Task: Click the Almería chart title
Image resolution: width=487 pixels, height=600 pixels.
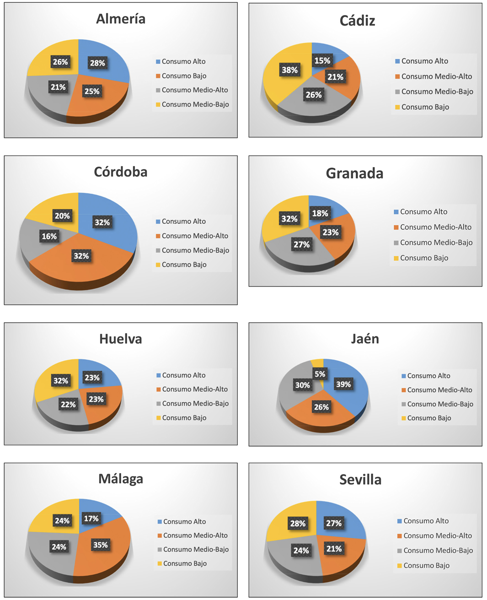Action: (121, 19)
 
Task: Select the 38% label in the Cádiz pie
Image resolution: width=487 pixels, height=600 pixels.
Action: (289, 70)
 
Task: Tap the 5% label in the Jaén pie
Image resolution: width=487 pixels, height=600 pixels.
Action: (320, 374)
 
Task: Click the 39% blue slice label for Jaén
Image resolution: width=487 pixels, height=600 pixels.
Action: (343, 384)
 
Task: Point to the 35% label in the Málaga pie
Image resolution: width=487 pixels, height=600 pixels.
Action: (101, 545)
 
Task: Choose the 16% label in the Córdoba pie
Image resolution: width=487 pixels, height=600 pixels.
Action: (49, 236)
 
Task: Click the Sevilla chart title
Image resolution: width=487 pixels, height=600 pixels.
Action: (360, 480)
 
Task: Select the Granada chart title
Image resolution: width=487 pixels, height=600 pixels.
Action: (354, 173)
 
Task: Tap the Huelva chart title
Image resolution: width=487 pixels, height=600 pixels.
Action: (121, 339)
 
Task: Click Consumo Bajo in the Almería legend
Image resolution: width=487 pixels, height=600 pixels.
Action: (184, 76)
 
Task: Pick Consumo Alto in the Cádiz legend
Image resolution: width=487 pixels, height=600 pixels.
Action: (424, 61)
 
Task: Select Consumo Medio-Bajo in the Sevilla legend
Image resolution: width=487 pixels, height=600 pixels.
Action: (438, 551)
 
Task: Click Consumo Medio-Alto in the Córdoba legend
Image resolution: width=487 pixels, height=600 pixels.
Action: (195, 236)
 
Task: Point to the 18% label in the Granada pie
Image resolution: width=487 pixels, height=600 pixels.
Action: (320, 213)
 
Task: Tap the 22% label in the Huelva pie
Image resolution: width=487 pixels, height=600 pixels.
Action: (68, 404)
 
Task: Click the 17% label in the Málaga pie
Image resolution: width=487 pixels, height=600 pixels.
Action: (91, 519)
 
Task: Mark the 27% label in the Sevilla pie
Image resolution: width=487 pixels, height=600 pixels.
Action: (333, 523)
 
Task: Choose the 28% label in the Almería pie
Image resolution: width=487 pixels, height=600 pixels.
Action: (97, 63)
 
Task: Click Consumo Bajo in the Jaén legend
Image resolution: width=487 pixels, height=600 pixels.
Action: (429, 418)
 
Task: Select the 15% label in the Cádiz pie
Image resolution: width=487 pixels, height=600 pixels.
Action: (322, 60)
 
